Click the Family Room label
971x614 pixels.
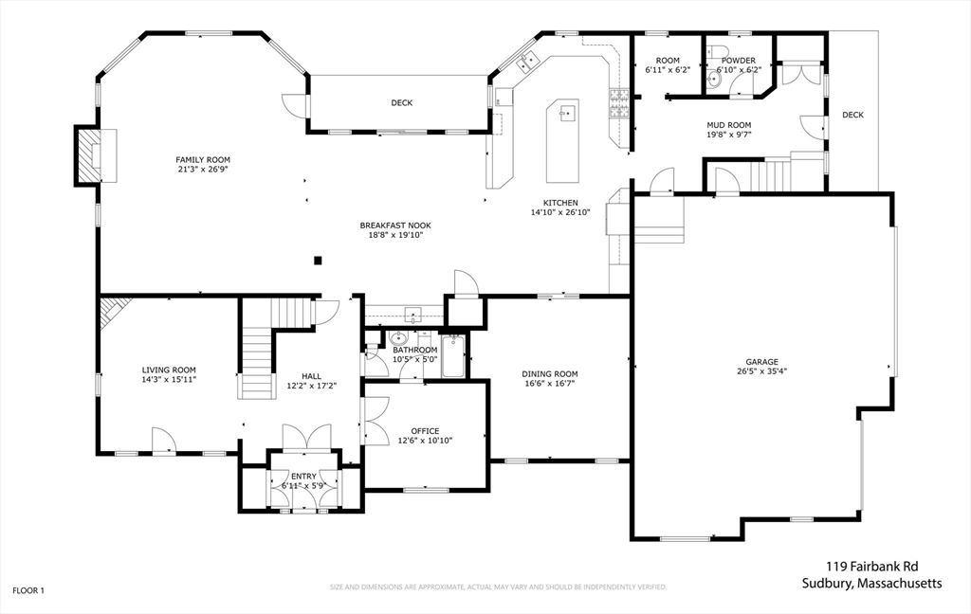pos(203,159)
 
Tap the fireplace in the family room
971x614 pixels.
pos(90,155)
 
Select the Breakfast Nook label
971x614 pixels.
pos(395,226)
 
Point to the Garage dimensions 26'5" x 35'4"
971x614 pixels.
pos(761,371)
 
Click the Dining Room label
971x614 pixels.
pos(550,373)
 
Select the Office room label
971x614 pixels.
pos(425,431)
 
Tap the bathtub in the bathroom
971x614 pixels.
pos(453,356)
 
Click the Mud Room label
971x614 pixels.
pos(728,125)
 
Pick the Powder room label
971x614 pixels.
pos(739,61)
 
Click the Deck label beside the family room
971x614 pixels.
pos(402,102)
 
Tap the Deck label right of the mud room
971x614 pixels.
pos(852,115)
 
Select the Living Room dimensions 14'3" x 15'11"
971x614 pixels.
pos(169,380)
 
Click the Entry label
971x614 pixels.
pos(304,477)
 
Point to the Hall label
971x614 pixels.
pos(311,375)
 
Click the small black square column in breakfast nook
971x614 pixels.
pos(319,261)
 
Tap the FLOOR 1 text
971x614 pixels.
pos(28,590)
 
